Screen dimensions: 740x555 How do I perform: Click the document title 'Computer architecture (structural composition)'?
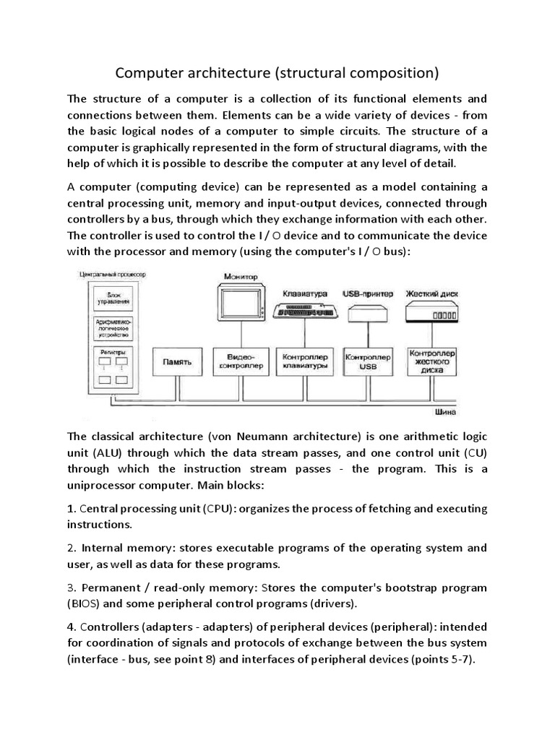277,73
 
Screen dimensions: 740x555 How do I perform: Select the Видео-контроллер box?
239,361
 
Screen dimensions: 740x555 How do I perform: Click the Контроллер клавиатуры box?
304,361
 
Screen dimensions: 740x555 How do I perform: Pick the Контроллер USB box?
369,361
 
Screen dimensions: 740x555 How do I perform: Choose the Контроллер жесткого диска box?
431,361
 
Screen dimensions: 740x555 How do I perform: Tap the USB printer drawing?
369,313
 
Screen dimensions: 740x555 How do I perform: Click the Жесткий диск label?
432,293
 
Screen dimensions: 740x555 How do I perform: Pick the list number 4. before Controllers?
72,626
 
